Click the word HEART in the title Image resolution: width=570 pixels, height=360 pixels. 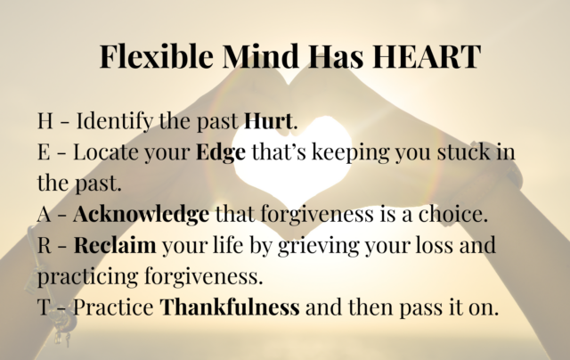427,56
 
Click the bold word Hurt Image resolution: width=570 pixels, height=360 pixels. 268,120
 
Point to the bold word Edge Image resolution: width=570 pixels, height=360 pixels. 221,152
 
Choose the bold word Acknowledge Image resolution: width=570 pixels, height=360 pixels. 142,214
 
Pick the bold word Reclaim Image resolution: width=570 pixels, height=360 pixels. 115,245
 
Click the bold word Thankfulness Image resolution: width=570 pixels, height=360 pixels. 230,307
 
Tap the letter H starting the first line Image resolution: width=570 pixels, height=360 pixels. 45,120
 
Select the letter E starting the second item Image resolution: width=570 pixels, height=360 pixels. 44,152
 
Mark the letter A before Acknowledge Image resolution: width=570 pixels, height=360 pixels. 45,214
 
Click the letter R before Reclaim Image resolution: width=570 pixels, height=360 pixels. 45,245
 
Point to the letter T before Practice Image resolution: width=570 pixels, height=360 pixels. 44,307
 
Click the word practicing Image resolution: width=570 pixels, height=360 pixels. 88,277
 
